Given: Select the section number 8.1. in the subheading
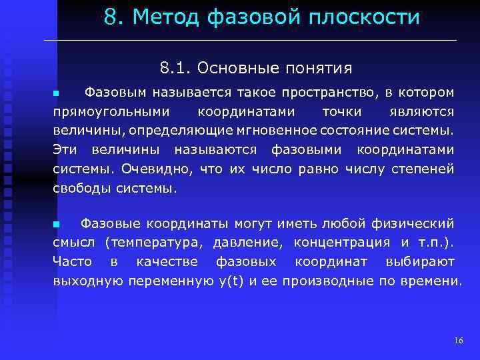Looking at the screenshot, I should [175, 69].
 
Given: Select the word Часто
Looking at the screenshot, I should [71, 261].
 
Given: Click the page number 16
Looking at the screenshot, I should [459, 341].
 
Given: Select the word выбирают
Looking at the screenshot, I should [421, 261].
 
